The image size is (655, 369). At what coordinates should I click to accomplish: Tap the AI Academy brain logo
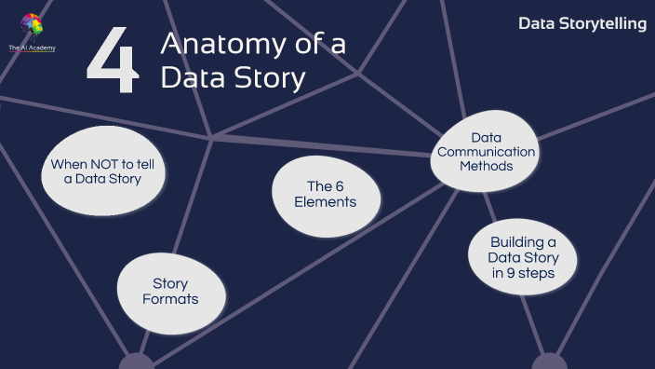32,25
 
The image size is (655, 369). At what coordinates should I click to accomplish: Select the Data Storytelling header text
581,22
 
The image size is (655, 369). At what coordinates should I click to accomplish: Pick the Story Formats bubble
170,292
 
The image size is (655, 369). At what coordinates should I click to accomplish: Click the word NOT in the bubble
110,163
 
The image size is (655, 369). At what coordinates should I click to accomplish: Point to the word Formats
170,299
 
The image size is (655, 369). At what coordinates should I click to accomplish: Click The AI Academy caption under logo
32,46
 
